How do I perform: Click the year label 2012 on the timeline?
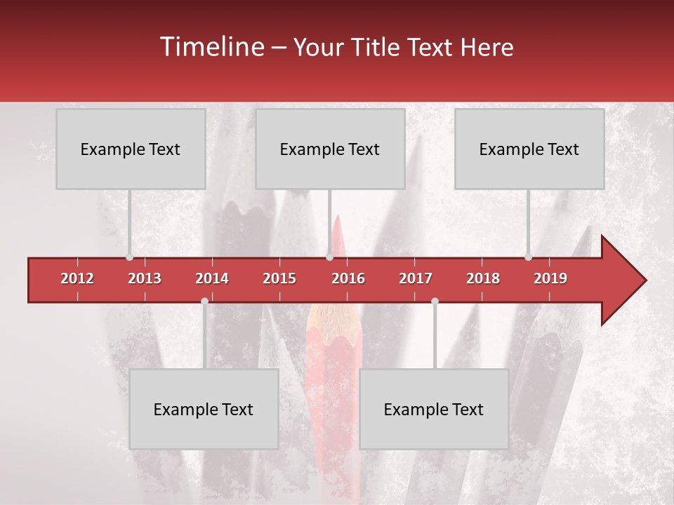point(77,278)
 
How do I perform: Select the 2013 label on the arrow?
point(145,278)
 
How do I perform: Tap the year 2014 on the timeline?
point(212,278)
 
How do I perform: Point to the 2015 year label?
point(279,278)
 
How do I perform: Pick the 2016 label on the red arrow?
point(348,278)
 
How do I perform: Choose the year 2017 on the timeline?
point(416,278)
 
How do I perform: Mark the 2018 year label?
point(483,278)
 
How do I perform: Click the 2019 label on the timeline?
point(550,278)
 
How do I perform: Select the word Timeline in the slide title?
point(211,47)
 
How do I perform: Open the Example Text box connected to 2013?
point(131,149)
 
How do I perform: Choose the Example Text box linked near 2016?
point(330,149)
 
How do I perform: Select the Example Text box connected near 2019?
point(529,149)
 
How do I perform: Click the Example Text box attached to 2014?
point(204,409)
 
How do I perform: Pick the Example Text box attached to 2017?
point(434,409)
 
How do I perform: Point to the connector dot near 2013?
point(129,257)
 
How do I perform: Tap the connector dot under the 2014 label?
point(204,301)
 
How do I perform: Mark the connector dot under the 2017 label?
point(435,301)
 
